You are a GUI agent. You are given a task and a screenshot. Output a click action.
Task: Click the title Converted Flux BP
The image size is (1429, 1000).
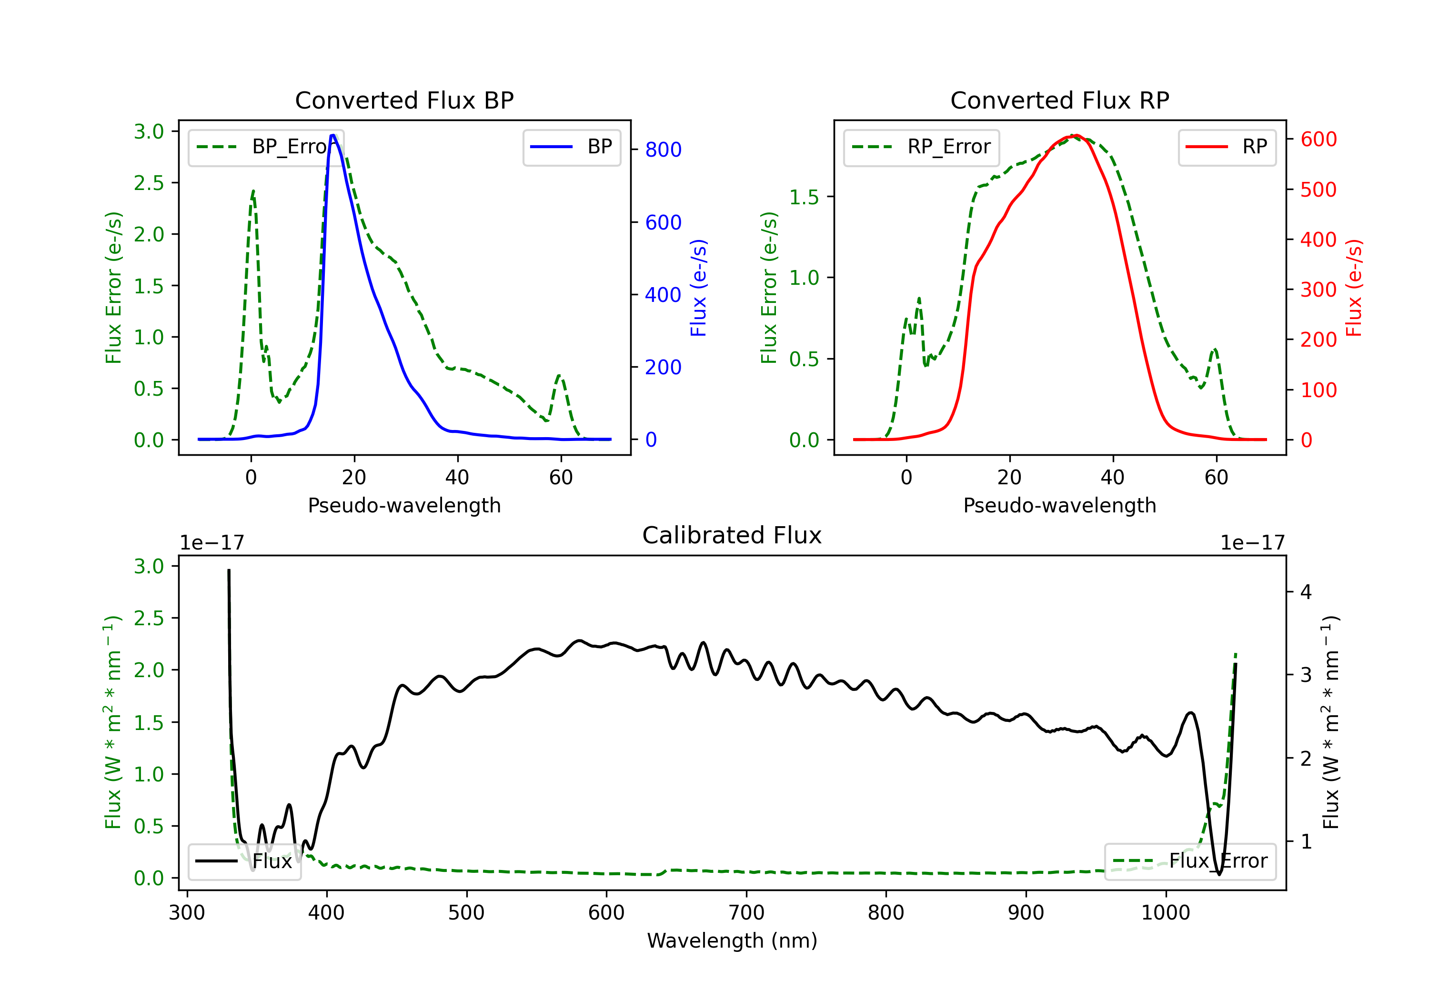[404, 100]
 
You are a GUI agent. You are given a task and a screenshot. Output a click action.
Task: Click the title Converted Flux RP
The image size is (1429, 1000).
[1059, 100]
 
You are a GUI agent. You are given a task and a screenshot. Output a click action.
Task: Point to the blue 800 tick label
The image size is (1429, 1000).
[663, 150]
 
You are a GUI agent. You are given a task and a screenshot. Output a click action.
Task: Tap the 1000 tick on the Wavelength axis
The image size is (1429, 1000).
[1165, 913]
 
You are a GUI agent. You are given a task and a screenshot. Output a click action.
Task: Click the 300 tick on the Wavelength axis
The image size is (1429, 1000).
[187, 913]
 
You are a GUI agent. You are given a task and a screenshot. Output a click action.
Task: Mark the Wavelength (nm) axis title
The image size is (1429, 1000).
[732, 941]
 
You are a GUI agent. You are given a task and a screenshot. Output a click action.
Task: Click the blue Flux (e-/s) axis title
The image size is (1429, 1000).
[698, 288]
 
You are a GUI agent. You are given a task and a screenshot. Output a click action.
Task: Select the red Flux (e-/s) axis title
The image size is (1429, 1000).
[1354, 288]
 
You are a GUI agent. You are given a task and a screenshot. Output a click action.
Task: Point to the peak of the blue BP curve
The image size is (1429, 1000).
[333, 135]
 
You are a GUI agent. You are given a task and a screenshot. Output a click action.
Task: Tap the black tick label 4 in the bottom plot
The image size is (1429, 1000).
[1306, 592]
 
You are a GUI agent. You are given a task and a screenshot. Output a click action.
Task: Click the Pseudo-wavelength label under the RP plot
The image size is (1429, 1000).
[1059, 505]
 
